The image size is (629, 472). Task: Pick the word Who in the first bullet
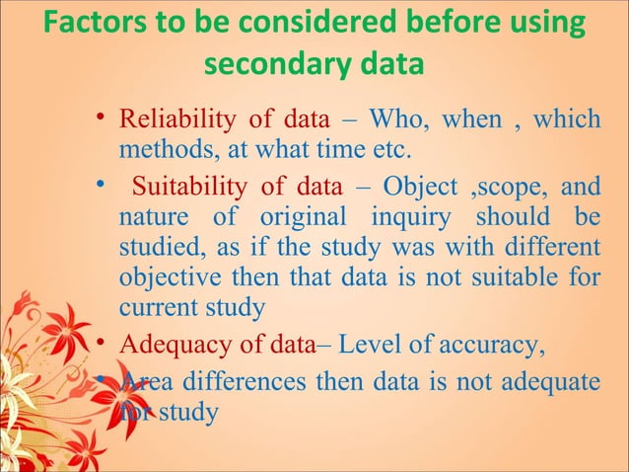pyautogui.click(x=391, y=121)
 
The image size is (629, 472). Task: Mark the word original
pyautogui.click(x=301, y=215)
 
